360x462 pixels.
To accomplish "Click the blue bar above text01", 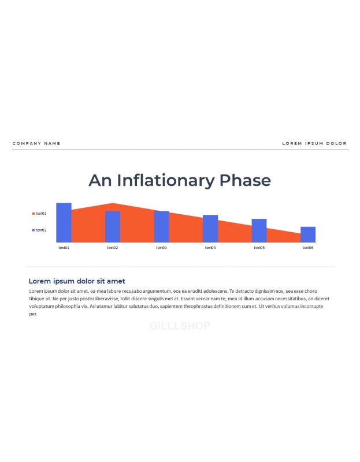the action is [64, 222].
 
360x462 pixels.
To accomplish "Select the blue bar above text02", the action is [113, 226].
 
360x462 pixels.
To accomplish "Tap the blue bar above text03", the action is [162, 226].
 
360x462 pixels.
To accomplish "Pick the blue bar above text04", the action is [210, 229].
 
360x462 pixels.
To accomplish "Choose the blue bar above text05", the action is [259, 230].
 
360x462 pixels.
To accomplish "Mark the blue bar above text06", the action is [308, 234].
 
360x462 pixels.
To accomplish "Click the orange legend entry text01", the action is [39, 213].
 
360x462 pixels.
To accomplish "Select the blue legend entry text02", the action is [39, 230].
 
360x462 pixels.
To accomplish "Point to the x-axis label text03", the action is [162, 248].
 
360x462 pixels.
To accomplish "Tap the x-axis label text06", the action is [308, 248].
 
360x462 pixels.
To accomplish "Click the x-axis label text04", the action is [210, 248].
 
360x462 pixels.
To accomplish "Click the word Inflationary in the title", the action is [166, 181].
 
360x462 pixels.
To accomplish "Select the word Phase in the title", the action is [246, 180].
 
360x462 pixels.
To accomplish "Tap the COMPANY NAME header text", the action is [36, 143].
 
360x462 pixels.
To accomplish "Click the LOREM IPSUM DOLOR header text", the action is [314, 143].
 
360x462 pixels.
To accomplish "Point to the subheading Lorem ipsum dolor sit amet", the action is [77, 281].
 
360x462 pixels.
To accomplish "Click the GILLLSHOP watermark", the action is [180, 326].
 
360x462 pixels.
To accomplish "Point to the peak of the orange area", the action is [113, 203].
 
